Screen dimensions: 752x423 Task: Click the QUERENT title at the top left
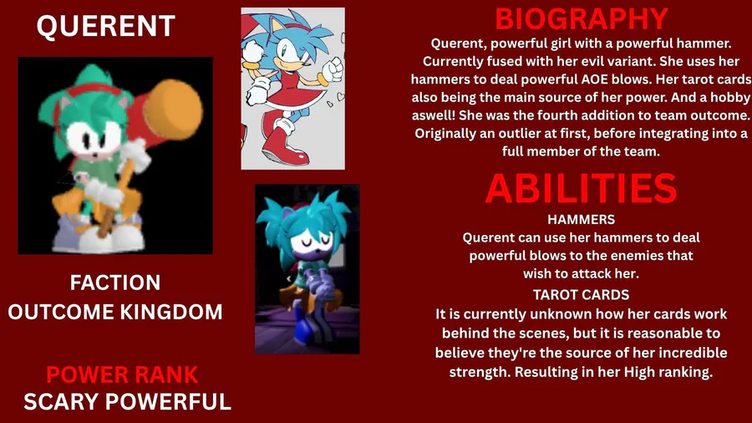click(x=106, y=26)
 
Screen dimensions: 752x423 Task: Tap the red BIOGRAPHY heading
click(x=582, y=19)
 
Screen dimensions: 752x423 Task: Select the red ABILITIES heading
click(x=581, y=188)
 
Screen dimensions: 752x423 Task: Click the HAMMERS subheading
click(x=582, y=219)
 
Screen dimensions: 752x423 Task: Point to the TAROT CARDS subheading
click(x=582, y=294)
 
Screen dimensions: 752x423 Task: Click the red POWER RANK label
click(x=122, y=375)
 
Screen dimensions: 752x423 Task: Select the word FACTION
click(x=115, y=283)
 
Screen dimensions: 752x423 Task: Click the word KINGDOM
click(x=171, y=312)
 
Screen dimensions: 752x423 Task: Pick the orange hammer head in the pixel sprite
click(x=173, y=110)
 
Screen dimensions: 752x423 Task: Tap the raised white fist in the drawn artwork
click(x=333, y=69)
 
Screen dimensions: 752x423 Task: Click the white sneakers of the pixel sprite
click(x=99, y=235)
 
